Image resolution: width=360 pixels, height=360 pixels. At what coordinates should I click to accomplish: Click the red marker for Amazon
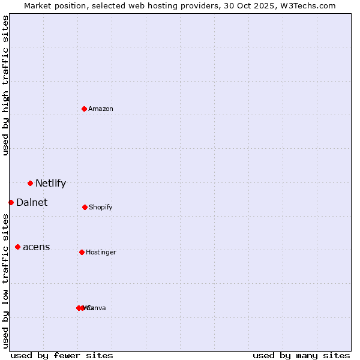click(x=84, y=109)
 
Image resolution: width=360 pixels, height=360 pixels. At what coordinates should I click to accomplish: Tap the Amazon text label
click(x=101, y=109)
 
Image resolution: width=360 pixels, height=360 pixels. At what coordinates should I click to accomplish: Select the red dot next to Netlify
click(x=30, y=183)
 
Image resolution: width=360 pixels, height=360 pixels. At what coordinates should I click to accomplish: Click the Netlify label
click(x=50, y=184)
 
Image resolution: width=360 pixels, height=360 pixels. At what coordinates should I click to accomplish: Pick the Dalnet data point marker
click(x=11, y=202)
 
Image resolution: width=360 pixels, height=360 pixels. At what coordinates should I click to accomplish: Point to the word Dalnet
click(x=32, y=203)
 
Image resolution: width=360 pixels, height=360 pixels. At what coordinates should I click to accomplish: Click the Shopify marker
click(x=85, y=207)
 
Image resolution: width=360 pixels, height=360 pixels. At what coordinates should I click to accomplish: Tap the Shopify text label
click(x=101, y=207)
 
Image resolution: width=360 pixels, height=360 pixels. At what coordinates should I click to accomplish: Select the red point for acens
click(x=17, y=247)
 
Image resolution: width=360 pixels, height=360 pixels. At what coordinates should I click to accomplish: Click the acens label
click(x=37, y=247)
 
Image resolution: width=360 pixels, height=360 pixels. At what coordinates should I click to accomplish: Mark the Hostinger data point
click(x=82, y=252)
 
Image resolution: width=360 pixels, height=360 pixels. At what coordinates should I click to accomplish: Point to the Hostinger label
click(x=101, y=252)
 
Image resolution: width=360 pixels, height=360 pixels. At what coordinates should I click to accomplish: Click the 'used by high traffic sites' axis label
click(x=6, y=85)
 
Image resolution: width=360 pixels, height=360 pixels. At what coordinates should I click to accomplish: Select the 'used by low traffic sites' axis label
click(x=6, y=281)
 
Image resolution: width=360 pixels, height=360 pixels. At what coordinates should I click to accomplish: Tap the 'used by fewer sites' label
click(x=62, y=355)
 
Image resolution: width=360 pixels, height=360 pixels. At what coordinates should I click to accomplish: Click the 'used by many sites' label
click(x=301, y=355)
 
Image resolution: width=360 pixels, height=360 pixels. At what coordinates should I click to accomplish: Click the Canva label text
click(x=97, y=308)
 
